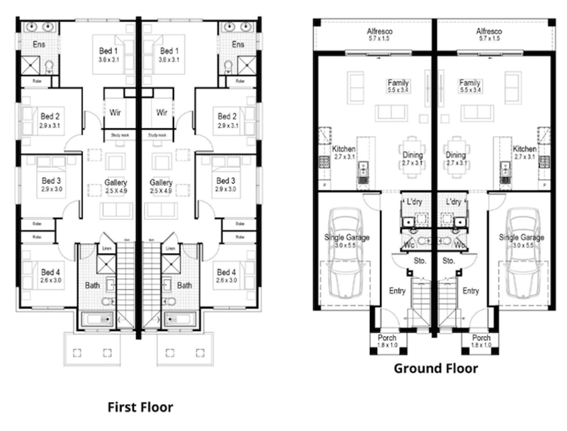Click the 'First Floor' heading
tap(140, 407)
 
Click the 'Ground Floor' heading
tap(435, 368)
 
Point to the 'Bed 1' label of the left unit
tap(108, 52)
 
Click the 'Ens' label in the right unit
tap(238, 45)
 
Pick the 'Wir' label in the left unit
tap(116, 112)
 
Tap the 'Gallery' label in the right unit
tap(162, 183)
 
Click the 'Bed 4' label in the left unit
tap(50, 272)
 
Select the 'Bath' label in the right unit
tap(185, 286)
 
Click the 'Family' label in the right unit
tap(470, 83)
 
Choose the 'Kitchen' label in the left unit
tap(344, 150)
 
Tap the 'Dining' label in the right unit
tap(456, 155)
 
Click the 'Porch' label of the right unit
tap(481, 338)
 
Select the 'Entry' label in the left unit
tap(398, 291)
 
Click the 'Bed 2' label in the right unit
tap(227, 116)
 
